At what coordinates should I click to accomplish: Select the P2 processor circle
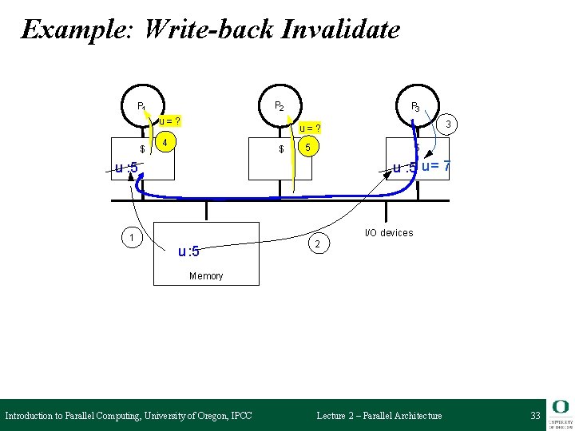pyautogui.click(x=280, y=105)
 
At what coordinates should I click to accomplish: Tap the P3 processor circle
pyautogui.click(x=416, y=105)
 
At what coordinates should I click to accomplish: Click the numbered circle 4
pyautogui.click(x=165, y=144)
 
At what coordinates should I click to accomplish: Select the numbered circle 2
pyautogui.click(x=318, y=243)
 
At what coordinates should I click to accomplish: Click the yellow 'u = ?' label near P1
pyautogui.click(x=169, y=121)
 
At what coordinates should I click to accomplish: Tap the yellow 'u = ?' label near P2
pyautogui.click(x=310, y=129)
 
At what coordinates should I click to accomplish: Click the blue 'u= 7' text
pyautogui.click(x=436, y=166)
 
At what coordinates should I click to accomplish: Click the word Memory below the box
pyautogui.click(x=206, y=276)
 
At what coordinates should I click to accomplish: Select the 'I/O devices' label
pyautogui.click(x=389, y=233)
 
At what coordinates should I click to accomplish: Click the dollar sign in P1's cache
pyautogui.click(x=142, y=149)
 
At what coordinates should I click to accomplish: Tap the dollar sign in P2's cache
pyautogui.click(x=281, y=149)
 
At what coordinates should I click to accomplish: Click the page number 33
pyautogui.click(x=535, y=416)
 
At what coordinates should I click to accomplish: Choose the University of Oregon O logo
pyautogui.click(x=561, y=408)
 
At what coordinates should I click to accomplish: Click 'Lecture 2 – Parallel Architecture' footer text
pyautogui.click(x=379, y=416)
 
